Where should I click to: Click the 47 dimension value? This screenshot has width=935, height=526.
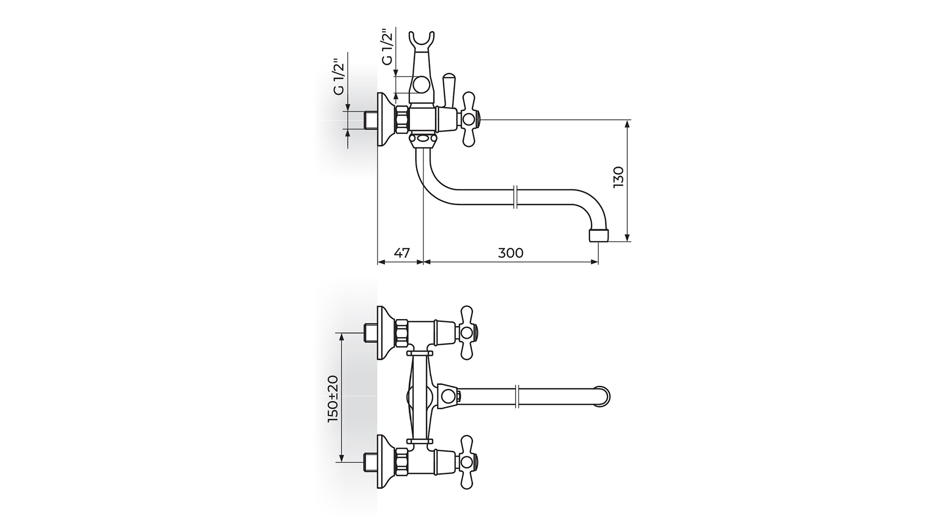(402, 253)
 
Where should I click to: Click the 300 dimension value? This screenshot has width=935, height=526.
(511, 253)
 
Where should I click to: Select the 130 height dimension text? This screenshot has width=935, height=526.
(618, 177)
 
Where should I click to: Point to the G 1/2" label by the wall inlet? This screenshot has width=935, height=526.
(339, 77)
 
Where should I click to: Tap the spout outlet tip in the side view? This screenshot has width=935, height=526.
(598, 236)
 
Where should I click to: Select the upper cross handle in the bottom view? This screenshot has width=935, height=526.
(467, 333)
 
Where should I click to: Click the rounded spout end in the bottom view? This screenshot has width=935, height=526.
(604, 396)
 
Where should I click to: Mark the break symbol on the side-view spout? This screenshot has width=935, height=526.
(517, 197)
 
